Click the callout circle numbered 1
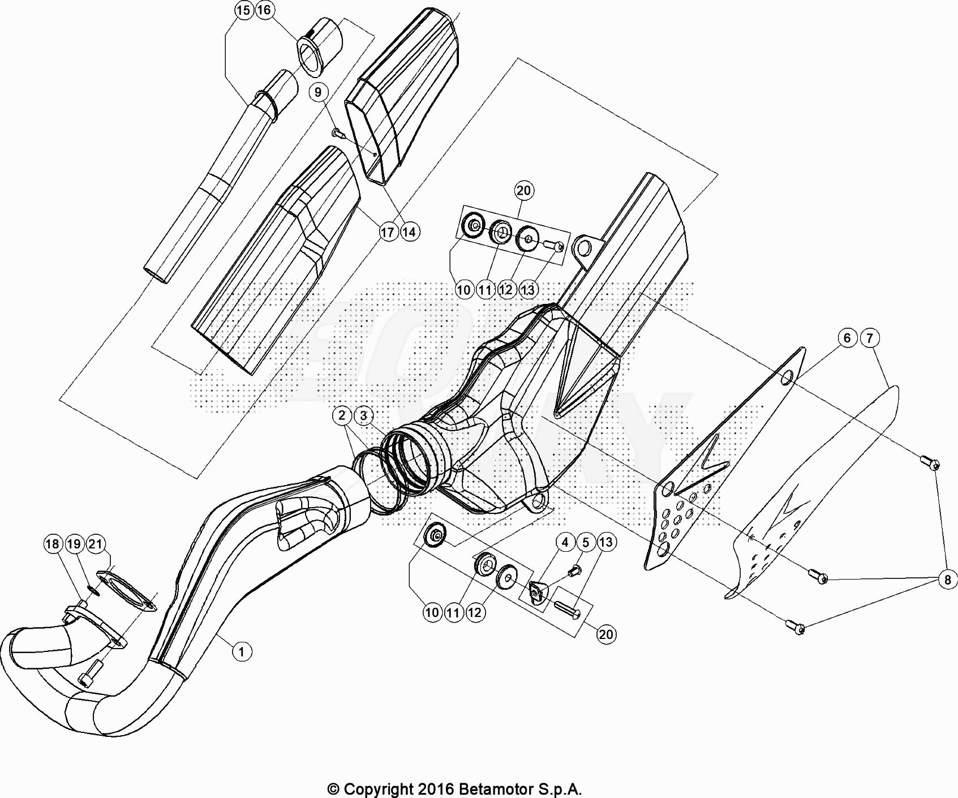click(x=242, y=651)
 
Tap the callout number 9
click(x=318, y=92)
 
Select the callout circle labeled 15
click(x=243, y=10)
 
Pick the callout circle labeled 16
click(x=264, y=10)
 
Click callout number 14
click(x=409, y=231)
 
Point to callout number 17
click(x=388, y=231)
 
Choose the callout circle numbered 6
click(x=847, y=338)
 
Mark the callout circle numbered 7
click(x=870, y=338)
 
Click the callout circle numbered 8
click(x=948, y=580)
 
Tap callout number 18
click(x=52, y=544)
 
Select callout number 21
click(x=95, y=544)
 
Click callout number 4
click(x=565, y=542)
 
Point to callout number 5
click(x=586, y=542)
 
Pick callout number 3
click(x=364, y=415)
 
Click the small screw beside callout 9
click(x=338, y=133)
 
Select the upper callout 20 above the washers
click(x=524, y=191)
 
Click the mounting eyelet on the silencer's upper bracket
click(x=584, y=247)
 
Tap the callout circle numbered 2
click(x=342, y=415)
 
